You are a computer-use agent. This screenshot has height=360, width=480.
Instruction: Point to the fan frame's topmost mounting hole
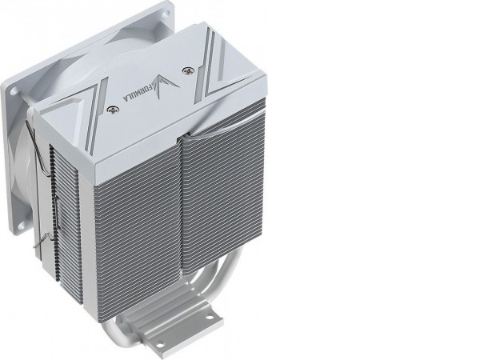tap(167, 12)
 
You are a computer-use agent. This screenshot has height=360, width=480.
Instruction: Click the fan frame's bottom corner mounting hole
tap(22, 226)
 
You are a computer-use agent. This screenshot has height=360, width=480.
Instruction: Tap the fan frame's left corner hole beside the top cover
tap(14, 91)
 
